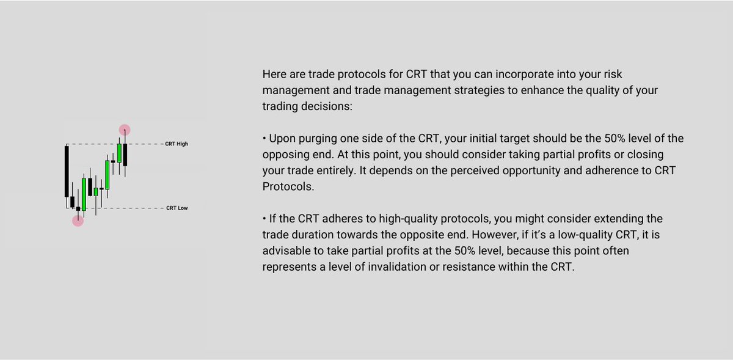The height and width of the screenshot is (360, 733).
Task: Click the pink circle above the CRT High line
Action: pyautogui.click(x=125, y=130)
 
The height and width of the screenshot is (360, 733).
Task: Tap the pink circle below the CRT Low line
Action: pyautogui.click(x=78, y=221)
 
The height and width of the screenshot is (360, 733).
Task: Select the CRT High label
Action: pyautogui.click(x=177, y=144)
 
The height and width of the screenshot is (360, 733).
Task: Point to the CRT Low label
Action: pyautogui.click(x=177, y=208)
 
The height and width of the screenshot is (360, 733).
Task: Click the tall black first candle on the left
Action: pyautogui.click(x=66, y=171)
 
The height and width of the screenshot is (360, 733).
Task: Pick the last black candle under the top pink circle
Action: pyautogui.click(x=125, y=155)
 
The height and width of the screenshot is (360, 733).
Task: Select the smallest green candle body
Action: pyautogui.click(x=95, y=191)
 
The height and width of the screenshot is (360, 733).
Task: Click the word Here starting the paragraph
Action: pyautogui.click(x=274, y=75)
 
